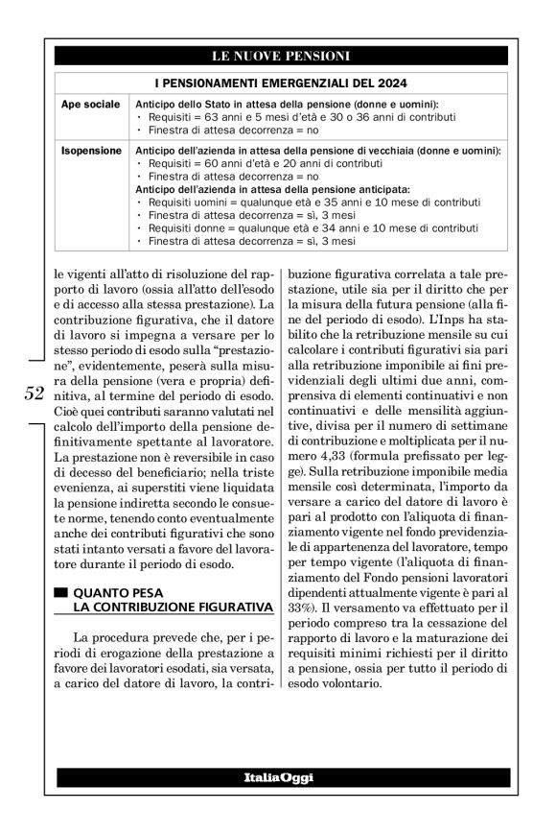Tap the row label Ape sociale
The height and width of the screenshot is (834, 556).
point(90,104)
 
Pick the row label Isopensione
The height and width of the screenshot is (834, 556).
point(91,152)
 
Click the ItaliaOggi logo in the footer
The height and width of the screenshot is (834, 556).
point(277,775)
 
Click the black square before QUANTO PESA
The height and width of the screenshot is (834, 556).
point(61,593)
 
